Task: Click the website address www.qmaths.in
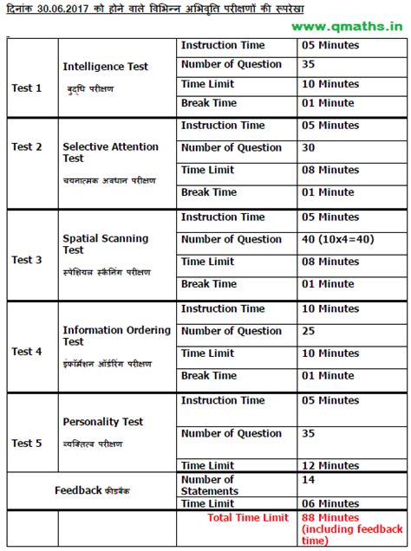pyautogui.click(x=353, y=27)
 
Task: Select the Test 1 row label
pyautogui.click(x=27, y=88)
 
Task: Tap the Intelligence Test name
pyautogui.click(x=105, y=67)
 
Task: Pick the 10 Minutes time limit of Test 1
pyautogui.click(x=330, y=84)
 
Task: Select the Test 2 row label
pyautogui.click(x=27, y=146)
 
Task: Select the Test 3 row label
pyautogui.click(x=27, y=260)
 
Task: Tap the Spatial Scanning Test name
pyautogui.click(x=105, y=243)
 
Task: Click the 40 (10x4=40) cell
pyautogui.click(x=342, y=239)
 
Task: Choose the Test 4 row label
pyautogui.click(x=27, y=352)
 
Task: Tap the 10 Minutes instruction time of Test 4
pyautogui.click(x=330, y=308)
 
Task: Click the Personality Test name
pyautogui.click(x=103, y=422)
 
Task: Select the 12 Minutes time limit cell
pyautogui.click(x=330, y=466)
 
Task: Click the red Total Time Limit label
pyautogui.click(x=247, y=518)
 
